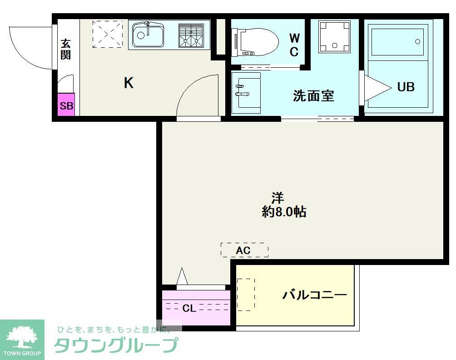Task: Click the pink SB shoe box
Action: (66, 106)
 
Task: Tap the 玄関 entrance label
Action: (66, 50)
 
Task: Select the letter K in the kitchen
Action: (129, 83)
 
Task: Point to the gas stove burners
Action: (190, 35)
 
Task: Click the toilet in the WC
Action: (254, 42)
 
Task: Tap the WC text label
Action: (294, 45)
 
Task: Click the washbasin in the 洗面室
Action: (245, 92)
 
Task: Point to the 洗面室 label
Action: (313, 96)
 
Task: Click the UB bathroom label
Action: (406, 86)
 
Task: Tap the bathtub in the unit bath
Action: (398, 41)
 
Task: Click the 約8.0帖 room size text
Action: (284, 212)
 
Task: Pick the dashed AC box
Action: (244, 250)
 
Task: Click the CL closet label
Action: (189, 309)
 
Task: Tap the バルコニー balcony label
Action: (315, 295)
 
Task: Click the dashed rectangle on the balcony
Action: (246, 294)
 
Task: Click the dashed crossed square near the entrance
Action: (108, 33)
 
